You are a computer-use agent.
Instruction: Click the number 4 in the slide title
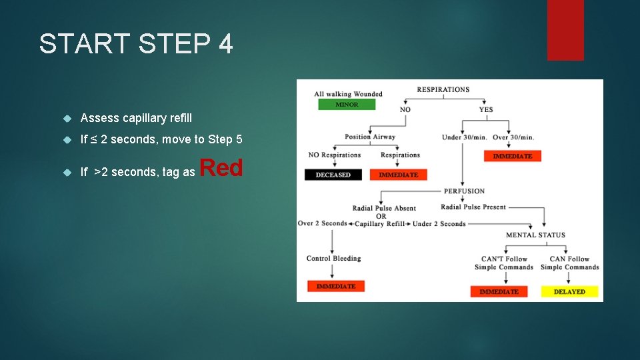tap(225, 44)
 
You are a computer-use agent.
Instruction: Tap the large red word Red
tap(221, 168)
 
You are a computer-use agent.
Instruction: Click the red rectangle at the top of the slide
tap(565, 30)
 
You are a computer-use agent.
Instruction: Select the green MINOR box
tap(346, 105)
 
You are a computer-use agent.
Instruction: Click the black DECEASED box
tap(333, 175)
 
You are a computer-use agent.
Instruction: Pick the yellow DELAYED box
tap(569, 291)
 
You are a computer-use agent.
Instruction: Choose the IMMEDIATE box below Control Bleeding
tap(336, 286)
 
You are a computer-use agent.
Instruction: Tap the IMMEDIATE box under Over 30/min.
tap(512, 156)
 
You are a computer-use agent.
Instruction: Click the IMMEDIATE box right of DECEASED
tap(399, 175)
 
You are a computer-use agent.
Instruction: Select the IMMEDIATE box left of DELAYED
tap(499, 291)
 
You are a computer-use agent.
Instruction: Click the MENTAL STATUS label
tap(535, 235)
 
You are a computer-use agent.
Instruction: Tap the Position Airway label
tap(370, 137)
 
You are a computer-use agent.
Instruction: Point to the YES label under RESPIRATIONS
tap(486, 109)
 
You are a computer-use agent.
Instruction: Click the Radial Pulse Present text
tap(473, 207)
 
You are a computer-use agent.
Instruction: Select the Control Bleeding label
tap(333, 258)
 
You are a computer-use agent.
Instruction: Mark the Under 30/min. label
tap(464, 137)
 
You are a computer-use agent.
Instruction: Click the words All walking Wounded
tap(348, 94)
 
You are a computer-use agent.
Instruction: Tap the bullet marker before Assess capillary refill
tap(67, 118)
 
